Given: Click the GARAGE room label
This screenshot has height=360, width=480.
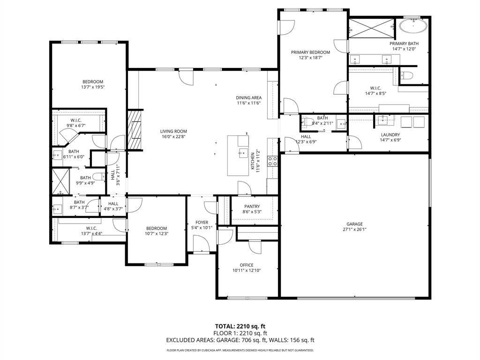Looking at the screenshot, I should (354, 224).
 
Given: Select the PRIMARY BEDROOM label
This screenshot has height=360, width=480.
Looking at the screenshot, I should (310, 52).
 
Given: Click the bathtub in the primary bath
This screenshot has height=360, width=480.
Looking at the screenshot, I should (413, 25).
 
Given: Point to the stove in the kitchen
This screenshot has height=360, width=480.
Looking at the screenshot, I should (272, 161).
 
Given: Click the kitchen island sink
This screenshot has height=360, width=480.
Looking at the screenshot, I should (243, 152).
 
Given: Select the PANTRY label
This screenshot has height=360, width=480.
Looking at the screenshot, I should (252, 206).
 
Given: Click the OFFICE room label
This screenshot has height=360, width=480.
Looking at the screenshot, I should (247, 265).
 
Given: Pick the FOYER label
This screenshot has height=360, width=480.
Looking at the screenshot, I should (202, 222).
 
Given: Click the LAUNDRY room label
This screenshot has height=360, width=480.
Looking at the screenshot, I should (390, 134).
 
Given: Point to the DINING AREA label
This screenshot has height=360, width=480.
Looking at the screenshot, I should (248, 97).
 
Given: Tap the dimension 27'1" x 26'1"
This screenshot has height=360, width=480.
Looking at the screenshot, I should (354, 230).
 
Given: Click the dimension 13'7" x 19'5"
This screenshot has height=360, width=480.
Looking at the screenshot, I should (93, 87).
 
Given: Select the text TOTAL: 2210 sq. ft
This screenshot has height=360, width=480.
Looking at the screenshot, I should (240, 326).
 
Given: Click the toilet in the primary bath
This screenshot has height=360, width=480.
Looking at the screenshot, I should (406, 75).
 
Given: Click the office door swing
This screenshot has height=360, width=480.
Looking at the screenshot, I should (255, 247).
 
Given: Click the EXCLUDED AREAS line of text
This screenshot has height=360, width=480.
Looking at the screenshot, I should (240, 340).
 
